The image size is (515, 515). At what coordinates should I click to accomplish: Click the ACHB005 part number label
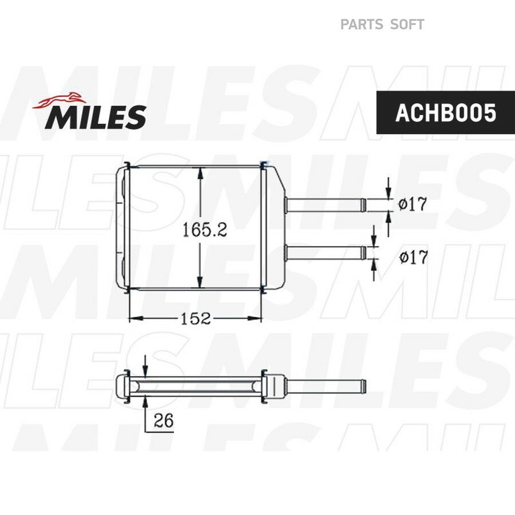(x=445, y=113)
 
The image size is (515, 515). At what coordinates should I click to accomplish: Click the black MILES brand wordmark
(x=96, y=117)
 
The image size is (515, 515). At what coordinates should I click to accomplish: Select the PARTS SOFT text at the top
(x=382, y=24)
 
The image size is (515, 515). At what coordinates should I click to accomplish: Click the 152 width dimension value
(x=196, y=318)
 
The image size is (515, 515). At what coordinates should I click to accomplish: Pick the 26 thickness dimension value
(x=163, y=420)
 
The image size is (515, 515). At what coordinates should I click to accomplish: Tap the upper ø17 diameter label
(x=412, y=204)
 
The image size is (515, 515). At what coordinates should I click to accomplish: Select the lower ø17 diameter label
(x=414, y=257)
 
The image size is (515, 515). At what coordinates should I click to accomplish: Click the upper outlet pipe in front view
(x=325, y=205)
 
